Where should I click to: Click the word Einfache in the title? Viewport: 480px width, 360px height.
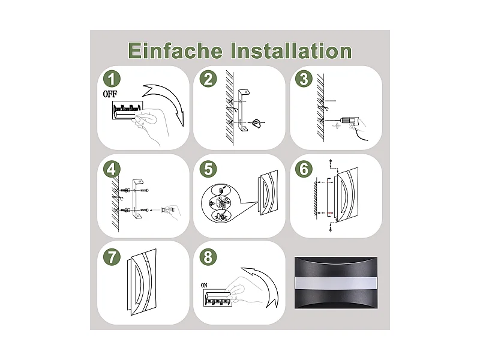click(175, 50)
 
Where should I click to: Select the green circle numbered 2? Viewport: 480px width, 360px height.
click(208, 79)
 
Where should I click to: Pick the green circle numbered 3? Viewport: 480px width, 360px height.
click(304, 79)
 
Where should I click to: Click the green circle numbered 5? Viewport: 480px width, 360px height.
click(208, 169)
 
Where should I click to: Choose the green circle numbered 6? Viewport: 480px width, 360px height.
click(304, 169)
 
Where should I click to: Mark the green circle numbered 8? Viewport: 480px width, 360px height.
click(208, 257)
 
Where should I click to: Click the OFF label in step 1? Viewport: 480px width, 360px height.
click(110, 94)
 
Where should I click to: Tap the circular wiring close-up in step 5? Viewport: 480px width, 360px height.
click(221, 204)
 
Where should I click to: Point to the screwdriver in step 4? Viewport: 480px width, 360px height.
click(166, 211)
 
